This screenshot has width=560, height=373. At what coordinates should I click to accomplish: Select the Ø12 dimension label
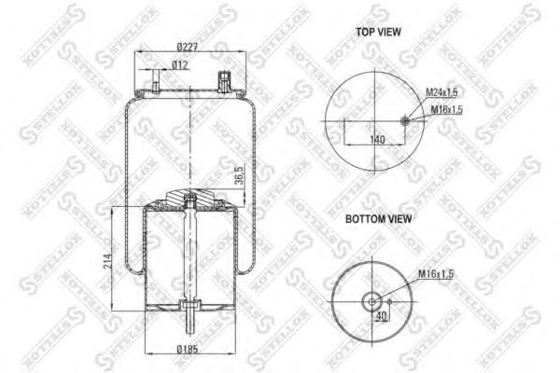pos(182,64)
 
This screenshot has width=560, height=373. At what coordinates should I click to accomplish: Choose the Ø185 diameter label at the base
pos(190,350)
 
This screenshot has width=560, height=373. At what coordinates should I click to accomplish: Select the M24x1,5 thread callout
pos(442,91)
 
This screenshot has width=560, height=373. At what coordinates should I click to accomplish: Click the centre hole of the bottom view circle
pos(374,300)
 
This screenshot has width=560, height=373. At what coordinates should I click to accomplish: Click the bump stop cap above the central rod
pos(189,199)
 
